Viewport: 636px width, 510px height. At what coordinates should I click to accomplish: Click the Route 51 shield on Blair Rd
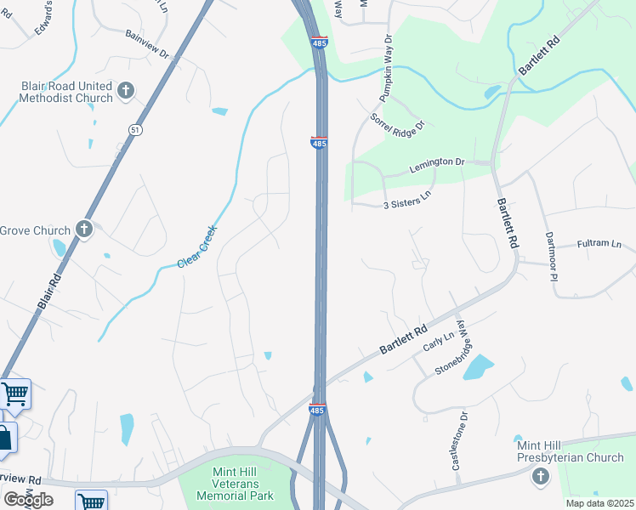coord(135,128)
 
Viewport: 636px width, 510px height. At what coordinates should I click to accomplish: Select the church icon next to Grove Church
coord(83,229)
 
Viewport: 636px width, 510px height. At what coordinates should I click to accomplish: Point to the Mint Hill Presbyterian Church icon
coord(540,477)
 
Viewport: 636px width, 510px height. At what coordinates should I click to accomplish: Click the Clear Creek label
coord(197,246)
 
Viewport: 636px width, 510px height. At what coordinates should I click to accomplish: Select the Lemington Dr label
coord(436,161)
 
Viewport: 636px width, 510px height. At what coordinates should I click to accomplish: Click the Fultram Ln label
coord(599,244)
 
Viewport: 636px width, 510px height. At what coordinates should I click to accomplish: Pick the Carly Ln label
coord(439,343)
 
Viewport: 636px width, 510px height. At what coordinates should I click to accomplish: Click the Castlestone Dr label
coord(459,441)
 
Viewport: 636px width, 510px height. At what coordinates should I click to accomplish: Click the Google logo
coord(27,499)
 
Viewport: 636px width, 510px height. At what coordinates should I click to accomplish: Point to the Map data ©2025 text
coord(599,503)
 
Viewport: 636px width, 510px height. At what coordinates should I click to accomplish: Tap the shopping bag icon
coord(4,438)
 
